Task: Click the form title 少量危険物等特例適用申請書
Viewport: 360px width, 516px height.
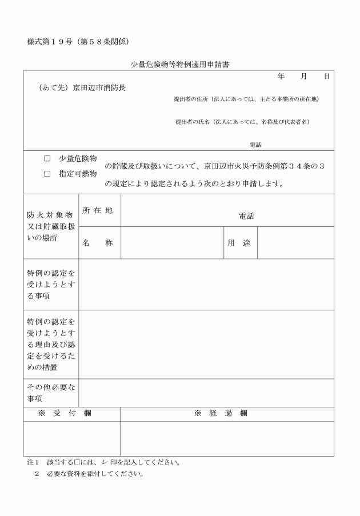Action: coord(179,65)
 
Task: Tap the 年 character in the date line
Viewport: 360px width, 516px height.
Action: coord(281,76)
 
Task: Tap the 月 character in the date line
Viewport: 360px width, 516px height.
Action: coord(303,76)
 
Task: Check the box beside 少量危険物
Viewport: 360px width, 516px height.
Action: coord(47,158)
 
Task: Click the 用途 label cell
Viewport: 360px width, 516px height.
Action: coord(239,243)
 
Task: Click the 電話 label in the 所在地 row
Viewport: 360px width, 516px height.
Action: coord(246,216)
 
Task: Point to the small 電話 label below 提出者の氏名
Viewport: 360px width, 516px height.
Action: coord(255,145)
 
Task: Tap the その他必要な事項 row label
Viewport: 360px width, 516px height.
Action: coord(51,393)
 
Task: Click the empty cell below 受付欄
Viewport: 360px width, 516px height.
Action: coord(71,439)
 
